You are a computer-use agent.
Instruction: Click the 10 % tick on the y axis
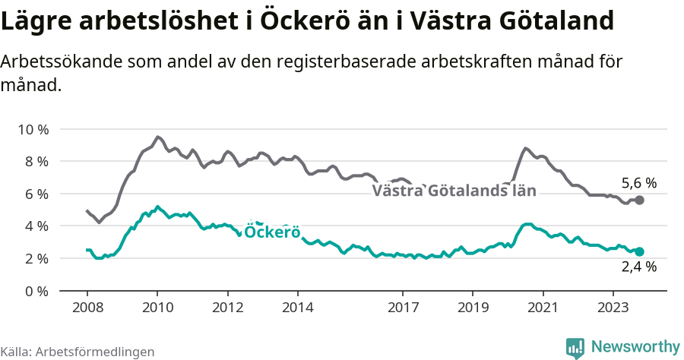(33, 129)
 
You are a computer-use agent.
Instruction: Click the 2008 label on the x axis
(87, 307)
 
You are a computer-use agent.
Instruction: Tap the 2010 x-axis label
(157, 307)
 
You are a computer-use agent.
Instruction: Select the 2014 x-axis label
(297, 307)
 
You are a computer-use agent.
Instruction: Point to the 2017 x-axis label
(403, 307)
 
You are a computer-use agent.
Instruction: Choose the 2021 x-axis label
(543, 307)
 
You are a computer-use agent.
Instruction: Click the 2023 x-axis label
(613, 307)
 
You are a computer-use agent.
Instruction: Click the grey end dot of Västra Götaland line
(639, 200)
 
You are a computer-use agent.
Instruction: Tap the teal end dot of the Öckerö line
(639, 251)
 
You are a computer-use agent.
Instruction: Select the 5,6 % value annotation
(638, 183)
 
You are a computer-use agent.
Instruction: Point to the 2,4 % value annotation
(638, 267)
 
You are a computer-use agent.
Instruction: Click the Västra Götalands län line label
(454, 191)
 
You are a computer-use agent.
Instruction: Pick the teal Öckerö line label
(272, 232)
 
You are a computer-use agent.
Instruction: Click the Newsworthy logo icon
(575, 347)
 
